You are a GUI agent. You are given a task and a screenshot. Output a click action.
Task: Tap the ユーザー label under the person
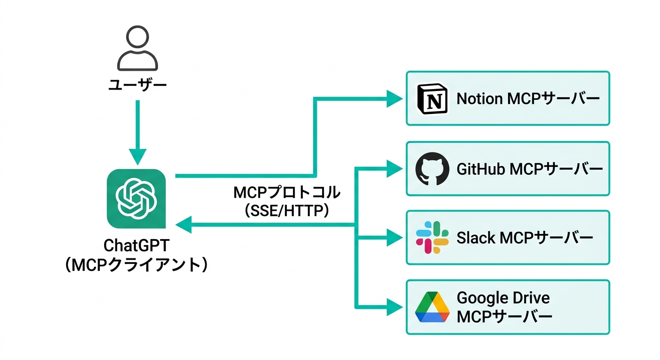pos(137,86)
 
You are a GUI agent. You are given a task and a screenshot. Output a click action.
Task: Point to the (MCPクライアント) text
pos(136,265)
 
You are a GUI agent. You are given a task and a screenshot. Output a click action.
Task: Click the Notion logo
pos(432,99)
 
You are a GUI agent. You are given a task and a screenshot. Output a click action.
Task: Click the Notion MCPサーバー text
pos(528,99)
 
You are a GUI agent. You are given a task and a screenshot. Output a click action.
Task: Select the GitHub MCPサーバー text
pos(529,169)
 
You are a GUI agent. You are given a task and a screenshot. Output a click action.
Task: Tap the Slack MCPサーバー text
pos(525,238)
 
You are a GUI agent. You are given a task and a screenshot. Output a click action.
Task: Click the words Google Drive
pos(503,298)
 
